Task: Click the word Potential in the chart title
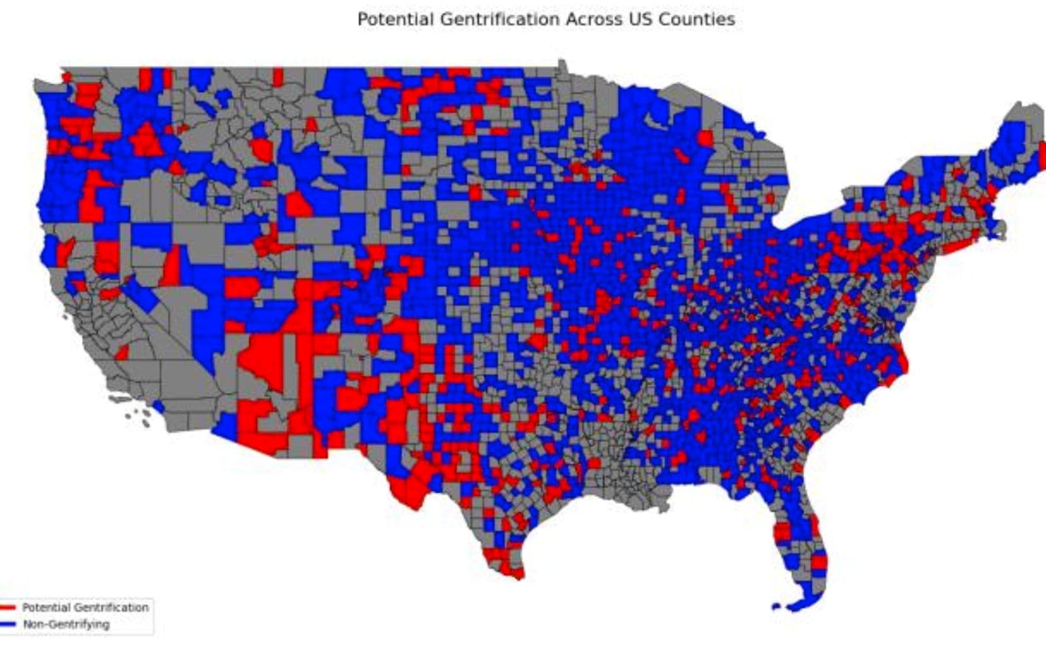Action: coord(396,20)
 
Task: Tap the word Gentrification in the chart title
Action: coord(499,20)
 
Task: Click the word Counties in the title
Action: coord(696,20)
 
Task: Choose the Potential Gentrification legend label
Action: coord(86,608)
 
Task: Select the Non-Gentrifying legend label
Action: coord(66,625)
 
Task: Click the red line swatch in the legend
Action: coord(8,608)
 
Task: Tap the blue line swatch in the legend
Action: coord(8,625)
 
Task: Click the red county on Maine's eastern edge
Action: coord(1042,154)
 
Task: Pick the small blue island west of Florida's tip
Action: coord(776,608)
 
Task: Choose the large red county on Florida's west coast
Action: coord(782,531)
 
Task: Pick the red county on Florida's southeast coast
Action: coord(818,562)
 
